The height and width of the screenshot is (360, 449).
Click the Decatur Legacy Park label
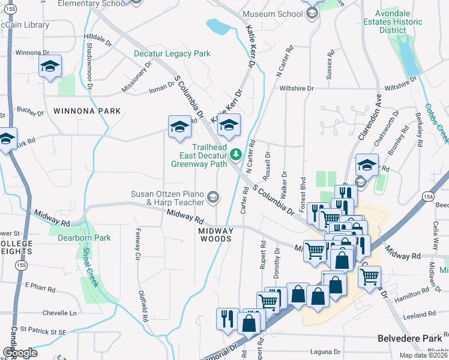click(x=172, y=53)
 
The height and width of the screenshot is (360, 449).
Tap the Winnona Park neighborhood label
click(x=87, y=111)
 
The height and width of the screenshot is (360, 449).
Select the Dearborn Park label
click(x=84, y=238)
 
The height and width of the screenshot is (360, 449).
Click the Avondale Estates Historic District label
click(x=398, y=22)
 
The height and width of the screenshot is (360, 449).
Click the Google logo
click(x=20, y=353)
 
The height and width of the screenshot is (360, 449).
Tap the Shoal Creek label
click(x=91, y=266)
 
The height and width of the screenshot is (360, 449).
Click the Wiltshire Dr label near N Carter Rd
click(x=297, y=88)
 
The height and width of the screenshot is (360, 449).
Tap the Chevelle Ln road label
click(x=60, y=313)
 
